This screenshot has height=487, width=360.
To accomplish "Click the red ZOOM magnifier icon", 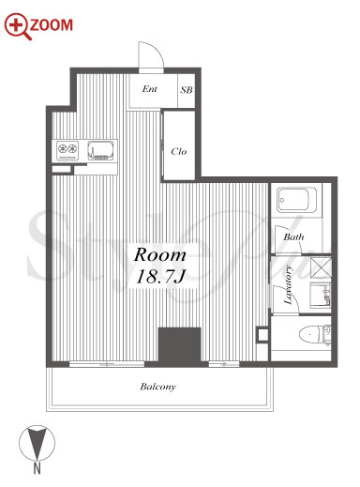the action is pyautogui.click(x=18, y=26).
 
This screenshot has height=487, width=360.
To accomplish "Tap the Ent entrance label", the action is pyautogui.click(x=150, y=89).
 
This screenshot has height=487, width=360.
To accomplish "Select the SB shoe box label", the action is pyautogui.click(x=187, y=90).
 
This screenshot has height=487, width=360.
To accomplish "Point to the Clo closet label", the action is pyautogui.click(x=179, y=152).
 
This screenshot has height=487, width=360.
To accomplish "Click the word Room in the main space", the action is pyautogui.click(x=159, y=254).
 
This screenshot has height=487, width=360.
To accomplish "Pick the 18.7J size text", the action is pyautogui.click(x=160, y=277).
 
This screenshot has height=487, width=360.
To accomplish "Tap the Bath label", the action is pyautogui.click(x=293, y=236).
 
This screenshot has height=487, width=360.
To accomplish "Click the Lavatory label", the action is pyautogui.click(x=288, y=285).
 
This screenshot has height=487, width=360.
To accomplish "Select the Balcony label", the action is pyautogui.click(x=157, y=387).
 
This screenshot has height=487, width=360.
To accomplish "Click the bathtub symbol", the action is pyautogui.click(x=296, y=200).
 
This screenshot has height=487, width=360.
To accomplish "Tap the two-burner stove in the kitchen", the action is pyautogui.click(x=67, y=151).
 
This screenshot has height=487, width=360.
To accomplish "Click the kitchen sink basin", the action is pyautogui.click(x=100, y=151).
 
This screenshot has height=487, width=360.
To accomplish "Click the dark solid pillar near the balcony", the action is pyautogui.click(x=179, y=346).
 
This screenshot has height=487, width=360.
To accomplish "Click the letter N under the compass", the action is pyautogui.click(x=37, y=468).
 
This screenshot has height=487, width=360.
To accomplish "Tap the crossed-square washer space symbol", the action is pyautogui.click(x=321, y=267).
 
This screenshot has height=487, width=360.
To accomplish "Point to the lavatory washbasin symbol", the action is pyautogui.click(x=320, y=295).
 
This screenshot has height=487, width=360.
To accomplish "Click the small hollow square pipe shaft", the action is pyautogui.click(x=262, y=335).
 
